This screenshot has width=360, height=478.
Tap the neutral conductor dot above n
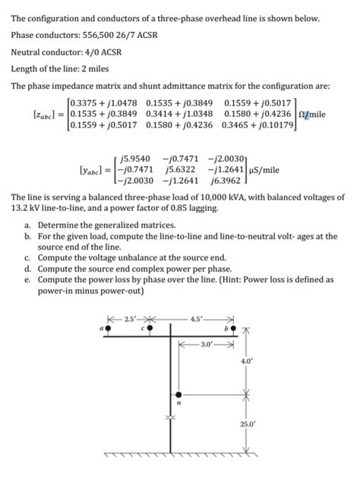pos(179,395)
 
